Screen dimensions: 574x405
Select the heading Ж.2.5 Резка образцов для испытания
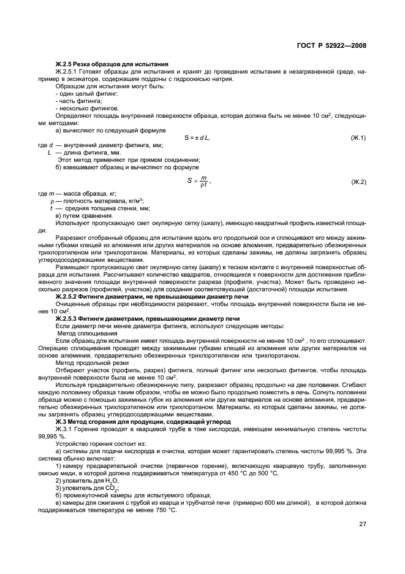112,64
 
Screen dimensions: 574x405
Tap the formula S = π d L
197,137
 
